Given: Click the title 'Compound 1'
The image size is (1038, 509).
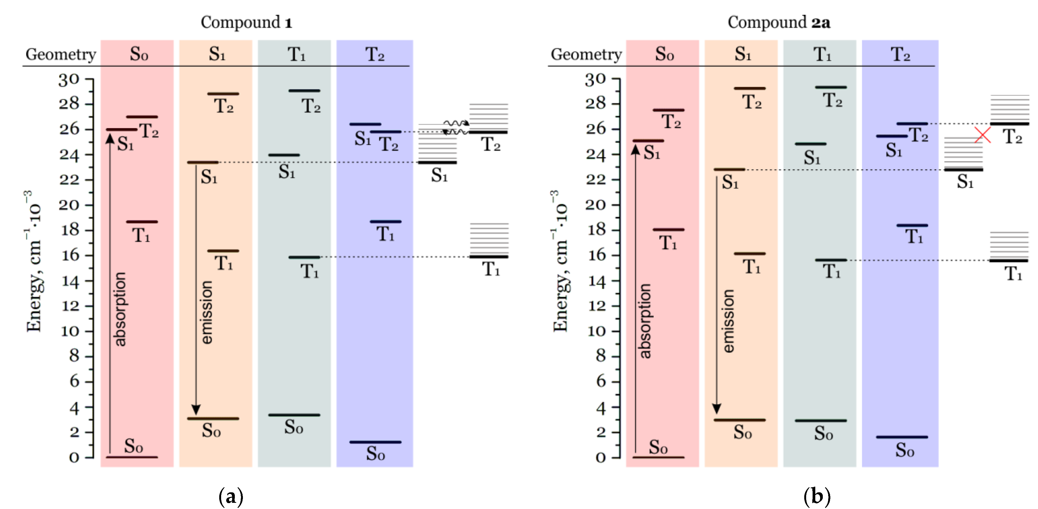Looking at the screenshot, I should [x=246, y=22].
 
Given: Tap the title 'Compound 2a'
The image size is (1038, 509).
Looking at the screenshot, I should [x=778, y=22].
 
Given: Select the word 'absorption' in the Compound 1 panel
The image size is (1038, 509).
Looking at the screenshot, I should [x=120, y=309].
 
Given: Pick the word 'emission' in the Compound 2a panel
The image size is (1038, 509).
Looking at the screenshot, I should [x=728, y=321].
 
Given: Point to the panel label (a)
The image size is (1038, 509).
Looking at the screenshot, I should [x=231, y=497].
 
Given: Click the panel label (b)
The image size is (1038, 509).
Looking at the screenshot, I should [x=817, y=497].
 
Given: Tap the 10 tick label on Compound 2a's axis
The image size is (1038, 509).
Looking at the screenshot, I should [x=596, y=331].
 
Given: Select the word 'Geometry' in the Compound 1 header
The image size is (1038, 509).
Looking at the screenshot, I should [x=61, y=54].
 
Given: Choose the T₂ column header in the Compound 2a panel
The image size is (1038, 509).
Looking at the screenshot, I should [x=900, y=54].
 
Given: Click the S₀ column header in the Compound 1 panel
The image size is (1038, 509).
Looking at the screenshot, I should [x=139, y=54].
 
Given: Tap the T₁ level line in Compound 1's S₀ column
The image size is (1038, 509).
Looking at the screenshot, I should [x=142, y=222].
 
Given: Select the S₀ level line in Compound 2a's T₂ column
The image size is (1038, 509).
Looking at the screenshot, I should [x=902, y=437].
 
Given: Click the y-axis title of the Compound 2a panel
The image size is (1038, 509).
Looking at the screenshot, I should [x=560, y=262].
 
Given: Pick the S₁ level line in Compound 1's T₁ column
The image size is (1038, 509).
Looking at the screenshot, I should [x=284, y=155].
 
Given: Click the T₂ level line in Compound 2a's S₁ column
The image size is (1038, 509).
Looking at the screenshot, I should [x=749, y=88].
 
